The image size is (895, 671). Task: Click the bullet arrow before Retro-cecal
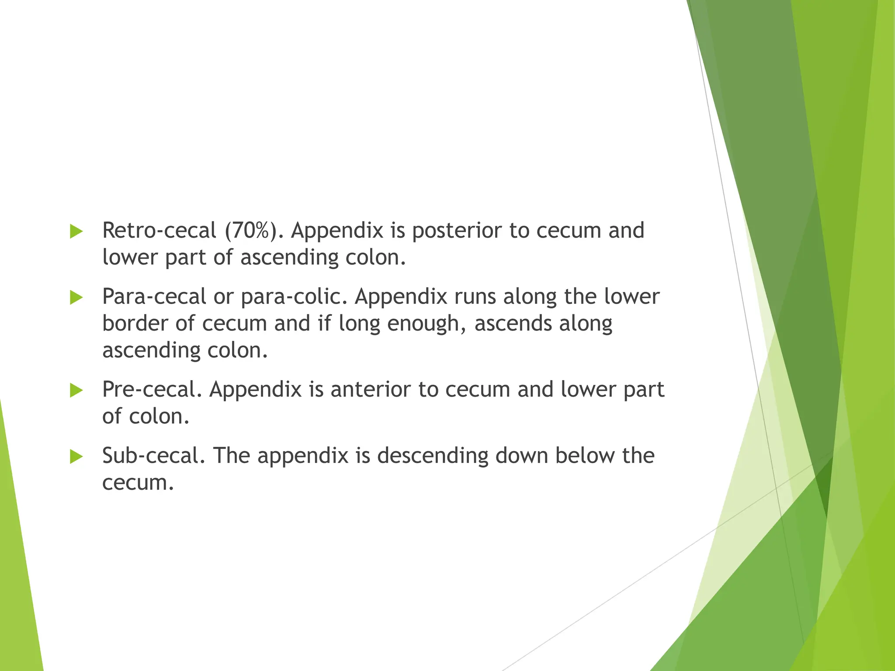[76, 232]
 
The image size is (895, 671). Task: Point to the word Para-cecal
[154, 297]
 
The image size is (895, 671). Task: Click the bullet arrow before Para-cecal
[76, 298]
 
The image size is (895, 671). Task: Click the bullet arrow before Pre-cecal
[76, 391]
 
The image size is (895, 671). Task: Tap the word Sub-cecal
[153, 456]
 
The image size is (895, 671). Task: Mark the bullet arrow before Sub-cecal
[76, 457]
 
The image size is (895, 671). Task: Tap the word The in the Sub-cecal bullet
[231, 456]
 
